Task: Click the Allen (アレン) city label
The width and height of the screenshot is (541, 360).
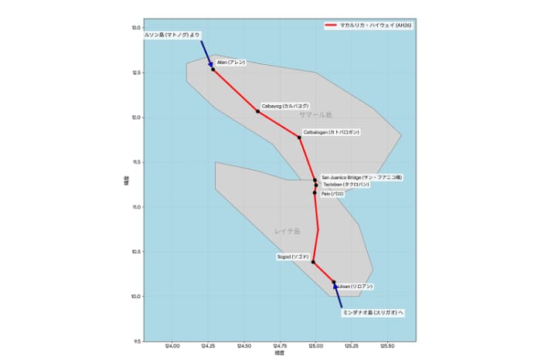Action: point(231,61)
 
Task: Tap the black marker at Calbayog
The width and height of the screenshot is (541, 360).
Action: point(258,112)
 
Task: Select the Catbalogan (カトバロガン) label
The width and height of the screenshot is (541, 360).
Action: point(332,132)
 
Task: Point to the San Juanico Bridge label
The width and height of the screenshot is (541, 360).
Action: point(362,177)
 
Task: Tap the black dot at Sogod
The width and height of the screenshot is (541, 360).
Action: point(313,262)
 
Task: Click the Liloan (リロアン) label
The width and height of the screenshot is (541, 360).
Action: point(356,287)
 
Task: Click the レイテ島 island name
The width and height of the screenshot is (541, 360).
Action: point(286,231)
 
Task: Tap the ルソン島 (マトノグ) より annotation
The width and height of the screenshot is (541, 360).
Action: point(172,35)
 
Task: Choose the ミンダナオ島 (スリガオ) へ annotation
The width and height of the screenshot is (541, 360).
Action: point(374,313)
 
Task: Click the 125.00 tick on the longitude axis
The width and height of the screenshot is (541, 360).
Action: point(316,347)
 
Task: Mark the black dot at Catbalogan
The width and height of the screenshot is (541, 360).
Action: point(299,138)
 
